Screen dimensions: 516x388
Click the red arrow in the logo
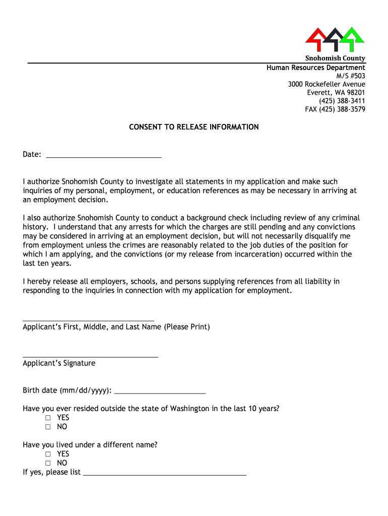tap(316, 37)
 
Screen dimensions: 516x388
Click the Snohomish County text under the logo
tap(336, 58)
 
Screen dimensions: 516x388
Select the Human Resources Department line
tap(316, 68)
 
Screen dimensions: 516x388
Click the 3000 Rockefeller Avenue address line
tap(327, 84)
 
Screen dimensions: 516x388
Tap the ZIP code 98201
tap(355, 93)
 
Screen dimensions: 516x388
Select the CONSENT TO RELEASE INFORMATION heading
tap(194, 127)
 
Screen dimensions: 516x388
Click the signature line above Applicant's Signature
tap(91, 356)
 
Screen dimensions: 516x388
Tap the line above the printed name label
tap(89, 319)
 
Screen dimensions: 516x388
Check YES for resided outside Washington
tap(48, 418)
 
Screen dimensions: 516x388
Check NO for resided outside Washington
tap(48, 427)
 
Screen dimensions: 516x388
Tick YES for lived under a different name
tap(48, 454)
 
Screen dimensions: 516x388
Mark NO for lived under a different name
tap(48, 463)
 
